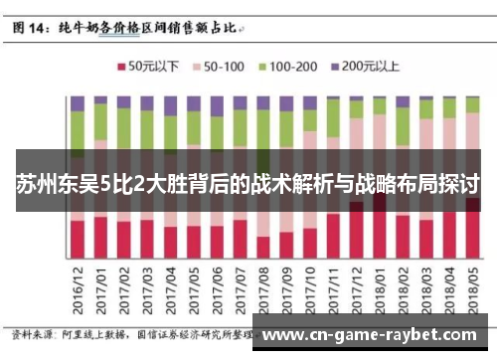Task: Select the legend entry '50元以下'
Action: [x=149, y=67]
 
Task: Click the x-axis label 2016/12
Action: [x=78, y=287]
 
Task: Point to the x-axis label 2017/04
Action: [x=170, y=287]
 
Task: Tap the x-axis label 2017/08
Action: [x=262, y=287]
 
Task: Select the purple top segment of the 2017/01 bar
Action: [x=100, y=101]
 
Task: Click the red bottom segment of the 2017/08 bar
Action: [x=262, y=249]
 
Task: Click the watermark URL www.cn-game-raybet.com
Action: [x=377, y=334]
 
